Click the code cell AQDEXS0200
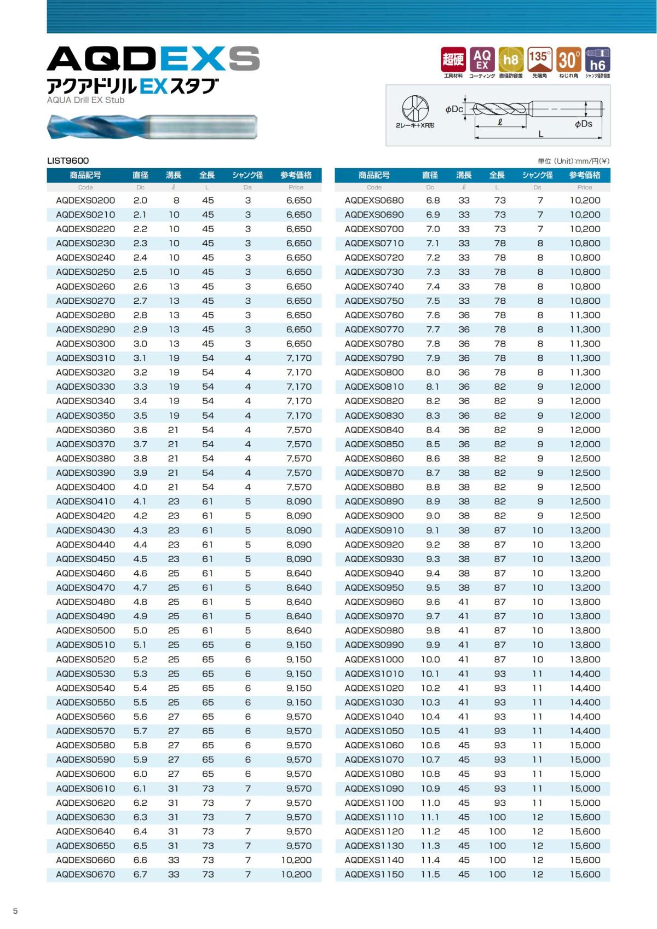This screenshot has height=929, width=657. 85,200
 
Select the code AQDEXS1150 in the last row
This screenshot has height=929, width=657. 374,874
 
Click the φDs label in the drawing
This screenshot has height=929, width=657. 584,124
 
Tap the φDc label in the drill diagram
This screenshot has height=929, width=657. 454,109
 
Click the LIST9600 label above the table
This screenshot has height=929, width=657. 68,160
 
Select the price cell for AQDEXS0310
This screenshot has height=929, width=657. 298,358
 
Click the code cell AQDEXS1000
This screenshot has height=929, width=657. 374,659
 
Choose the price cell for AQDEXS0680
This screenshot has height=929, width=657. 585,200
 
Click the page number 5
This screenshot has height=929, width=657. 15,911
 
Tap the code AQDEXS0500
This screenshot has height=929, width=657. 85,631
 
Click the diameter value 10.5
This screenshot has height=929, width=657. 430,731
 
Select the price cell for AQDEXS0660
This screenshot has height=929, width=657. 296,860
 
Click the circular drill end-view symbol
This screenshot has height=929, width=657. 415,108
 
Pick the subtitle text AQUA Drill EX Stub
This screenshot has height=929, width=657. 85,100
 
